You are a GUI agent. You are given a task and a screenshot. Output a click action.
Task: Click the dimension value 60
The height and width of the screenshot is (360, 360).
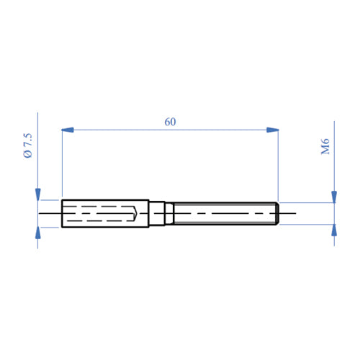[x=170, y=122]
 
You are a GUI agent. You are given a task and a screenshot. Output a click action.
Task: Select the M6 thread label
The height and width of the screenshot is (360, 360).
[x=325, y=147]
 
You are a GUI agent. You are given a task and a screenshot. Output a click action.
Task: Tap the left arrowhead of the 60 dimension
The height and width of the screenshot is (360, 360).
[x=68, y=130]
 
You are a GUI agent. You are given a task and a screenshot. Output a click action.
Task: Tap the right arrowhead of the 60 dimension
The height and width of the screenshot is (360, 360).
[x=272, y=130]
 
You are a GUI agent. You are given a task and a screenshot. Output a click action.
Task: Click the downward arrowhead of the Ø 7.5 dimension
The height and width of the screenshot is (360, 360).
[x=37, y=194]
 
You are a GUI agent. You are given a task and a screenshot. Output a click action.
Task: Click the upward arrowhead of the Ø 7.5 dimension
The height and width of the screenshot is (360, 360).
[x=37, y=233]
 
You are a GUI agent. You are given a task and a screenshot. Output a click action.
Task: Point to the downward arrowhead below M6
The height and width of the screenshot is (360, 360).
[x=333, y=197]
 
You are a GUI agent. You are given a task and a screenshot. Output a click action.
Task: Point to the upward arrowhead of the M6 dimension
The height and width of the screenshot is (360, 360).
[x=333, y=230]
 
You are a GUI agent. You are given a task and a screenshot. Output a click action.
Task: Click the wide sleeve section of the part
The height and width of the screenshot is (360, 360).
[x=105, y=214]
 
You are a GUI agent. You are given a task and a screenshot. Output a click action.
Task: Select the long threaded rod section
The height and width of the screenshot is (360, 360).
[x=223, y=214]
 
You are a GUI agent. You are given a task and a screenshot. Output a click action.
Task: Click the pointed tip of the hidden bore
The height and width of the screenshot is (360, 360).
[x=140, y=214]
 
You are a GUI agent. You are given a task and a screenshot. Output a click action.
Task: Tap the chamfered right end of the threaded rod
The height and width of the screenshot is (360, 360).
[x=276, y=214]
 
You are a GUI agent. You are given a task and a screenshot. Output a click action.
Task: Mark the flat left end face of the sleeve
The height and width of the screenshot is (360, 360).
[x=63, y=214]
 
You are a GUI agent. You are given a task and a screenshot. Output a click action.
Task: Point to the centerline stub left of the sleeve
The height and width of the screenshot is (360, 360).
[x=50, y=214]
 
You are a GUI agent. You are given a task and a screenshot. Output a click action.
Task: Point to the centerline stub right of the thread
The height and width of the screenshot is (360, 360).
[x=287, y=214]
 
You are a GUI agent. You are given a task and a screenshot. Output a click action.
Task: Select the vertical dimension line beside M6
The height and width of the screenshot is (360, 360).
[x=333, y=166]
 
